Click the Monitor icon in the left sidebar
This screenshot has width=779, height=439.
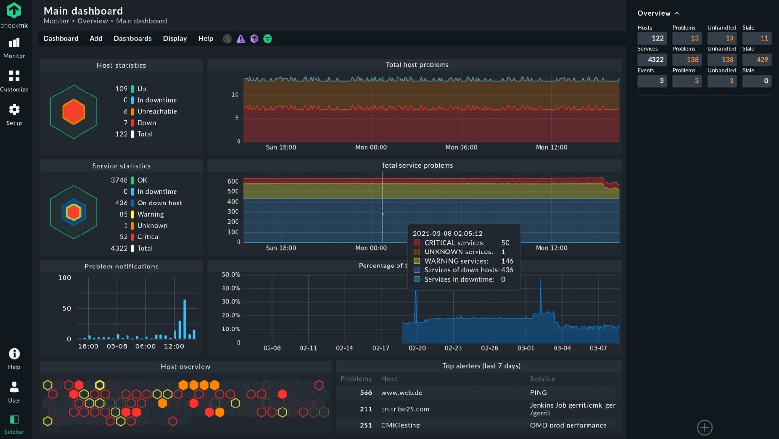click(x=14, y=43)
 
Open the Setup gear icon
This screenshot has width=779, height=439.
click(x=14, y=110)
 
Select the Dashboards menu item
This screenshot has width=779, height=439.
click(x=132, y=38)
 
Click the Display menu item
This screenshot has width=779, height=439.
click(x=175, y=38)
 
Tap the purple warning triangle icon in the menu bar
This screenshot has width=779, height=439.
click(x=240, y=39)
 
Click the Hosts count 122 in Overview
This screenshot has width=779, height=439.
click(x=652, y=38)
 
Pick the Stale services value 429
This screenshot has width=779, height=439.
click(x=757, y=60)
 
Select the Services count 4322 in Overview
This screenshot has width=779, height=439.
click(x=652, y=60)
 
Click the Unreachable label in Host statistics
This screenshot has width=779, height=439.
click(x=157, y=111)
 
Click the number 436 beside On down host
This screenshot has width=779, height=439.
click(x=121, y=203)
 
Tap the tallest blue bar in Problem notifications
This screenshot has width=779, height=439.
click(x=185, y=319)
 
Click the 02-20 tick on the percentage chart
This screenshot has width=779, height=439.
click(x=417, y=348)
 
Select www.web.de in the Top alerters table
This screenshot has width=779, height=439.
click(x=401, y=393)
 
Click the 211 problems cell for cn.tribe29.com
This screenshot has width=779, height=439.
click(x=366, y=409)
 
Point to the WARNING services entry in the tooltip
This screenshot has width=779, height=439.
click(x=456, y=261)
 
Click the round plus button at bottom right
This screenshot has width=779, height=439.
click(x=704, y=427)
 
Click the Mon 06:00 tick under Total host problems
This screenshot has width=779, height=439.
click(x=461, y=147)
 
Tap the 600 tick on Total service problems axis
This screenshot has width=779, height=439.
click(x=233, y=181)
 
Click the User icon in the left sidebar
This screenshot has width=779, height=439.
click(x=14, y=387)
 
